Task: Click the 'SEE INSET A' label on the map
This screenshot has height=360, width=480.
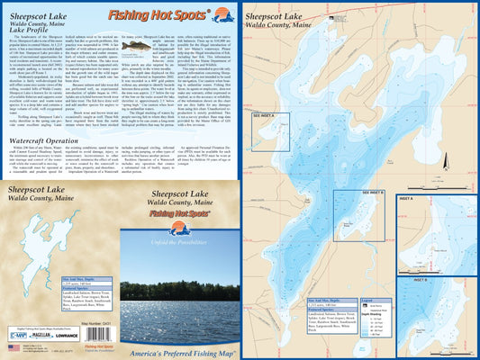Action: pos(263,115)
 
